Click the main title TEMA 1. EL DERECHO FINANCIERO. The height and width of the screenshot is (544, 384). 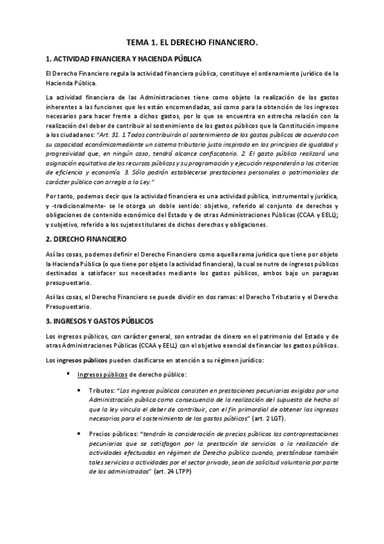pos(192,42)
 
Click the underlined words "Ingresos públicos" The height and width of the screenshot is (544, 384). pos(103,374)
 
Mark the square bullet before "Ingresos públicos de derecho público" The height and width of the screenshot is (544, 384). pos(67,374)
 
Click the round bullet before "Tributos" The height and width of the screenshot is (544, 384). pos(79,390)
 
